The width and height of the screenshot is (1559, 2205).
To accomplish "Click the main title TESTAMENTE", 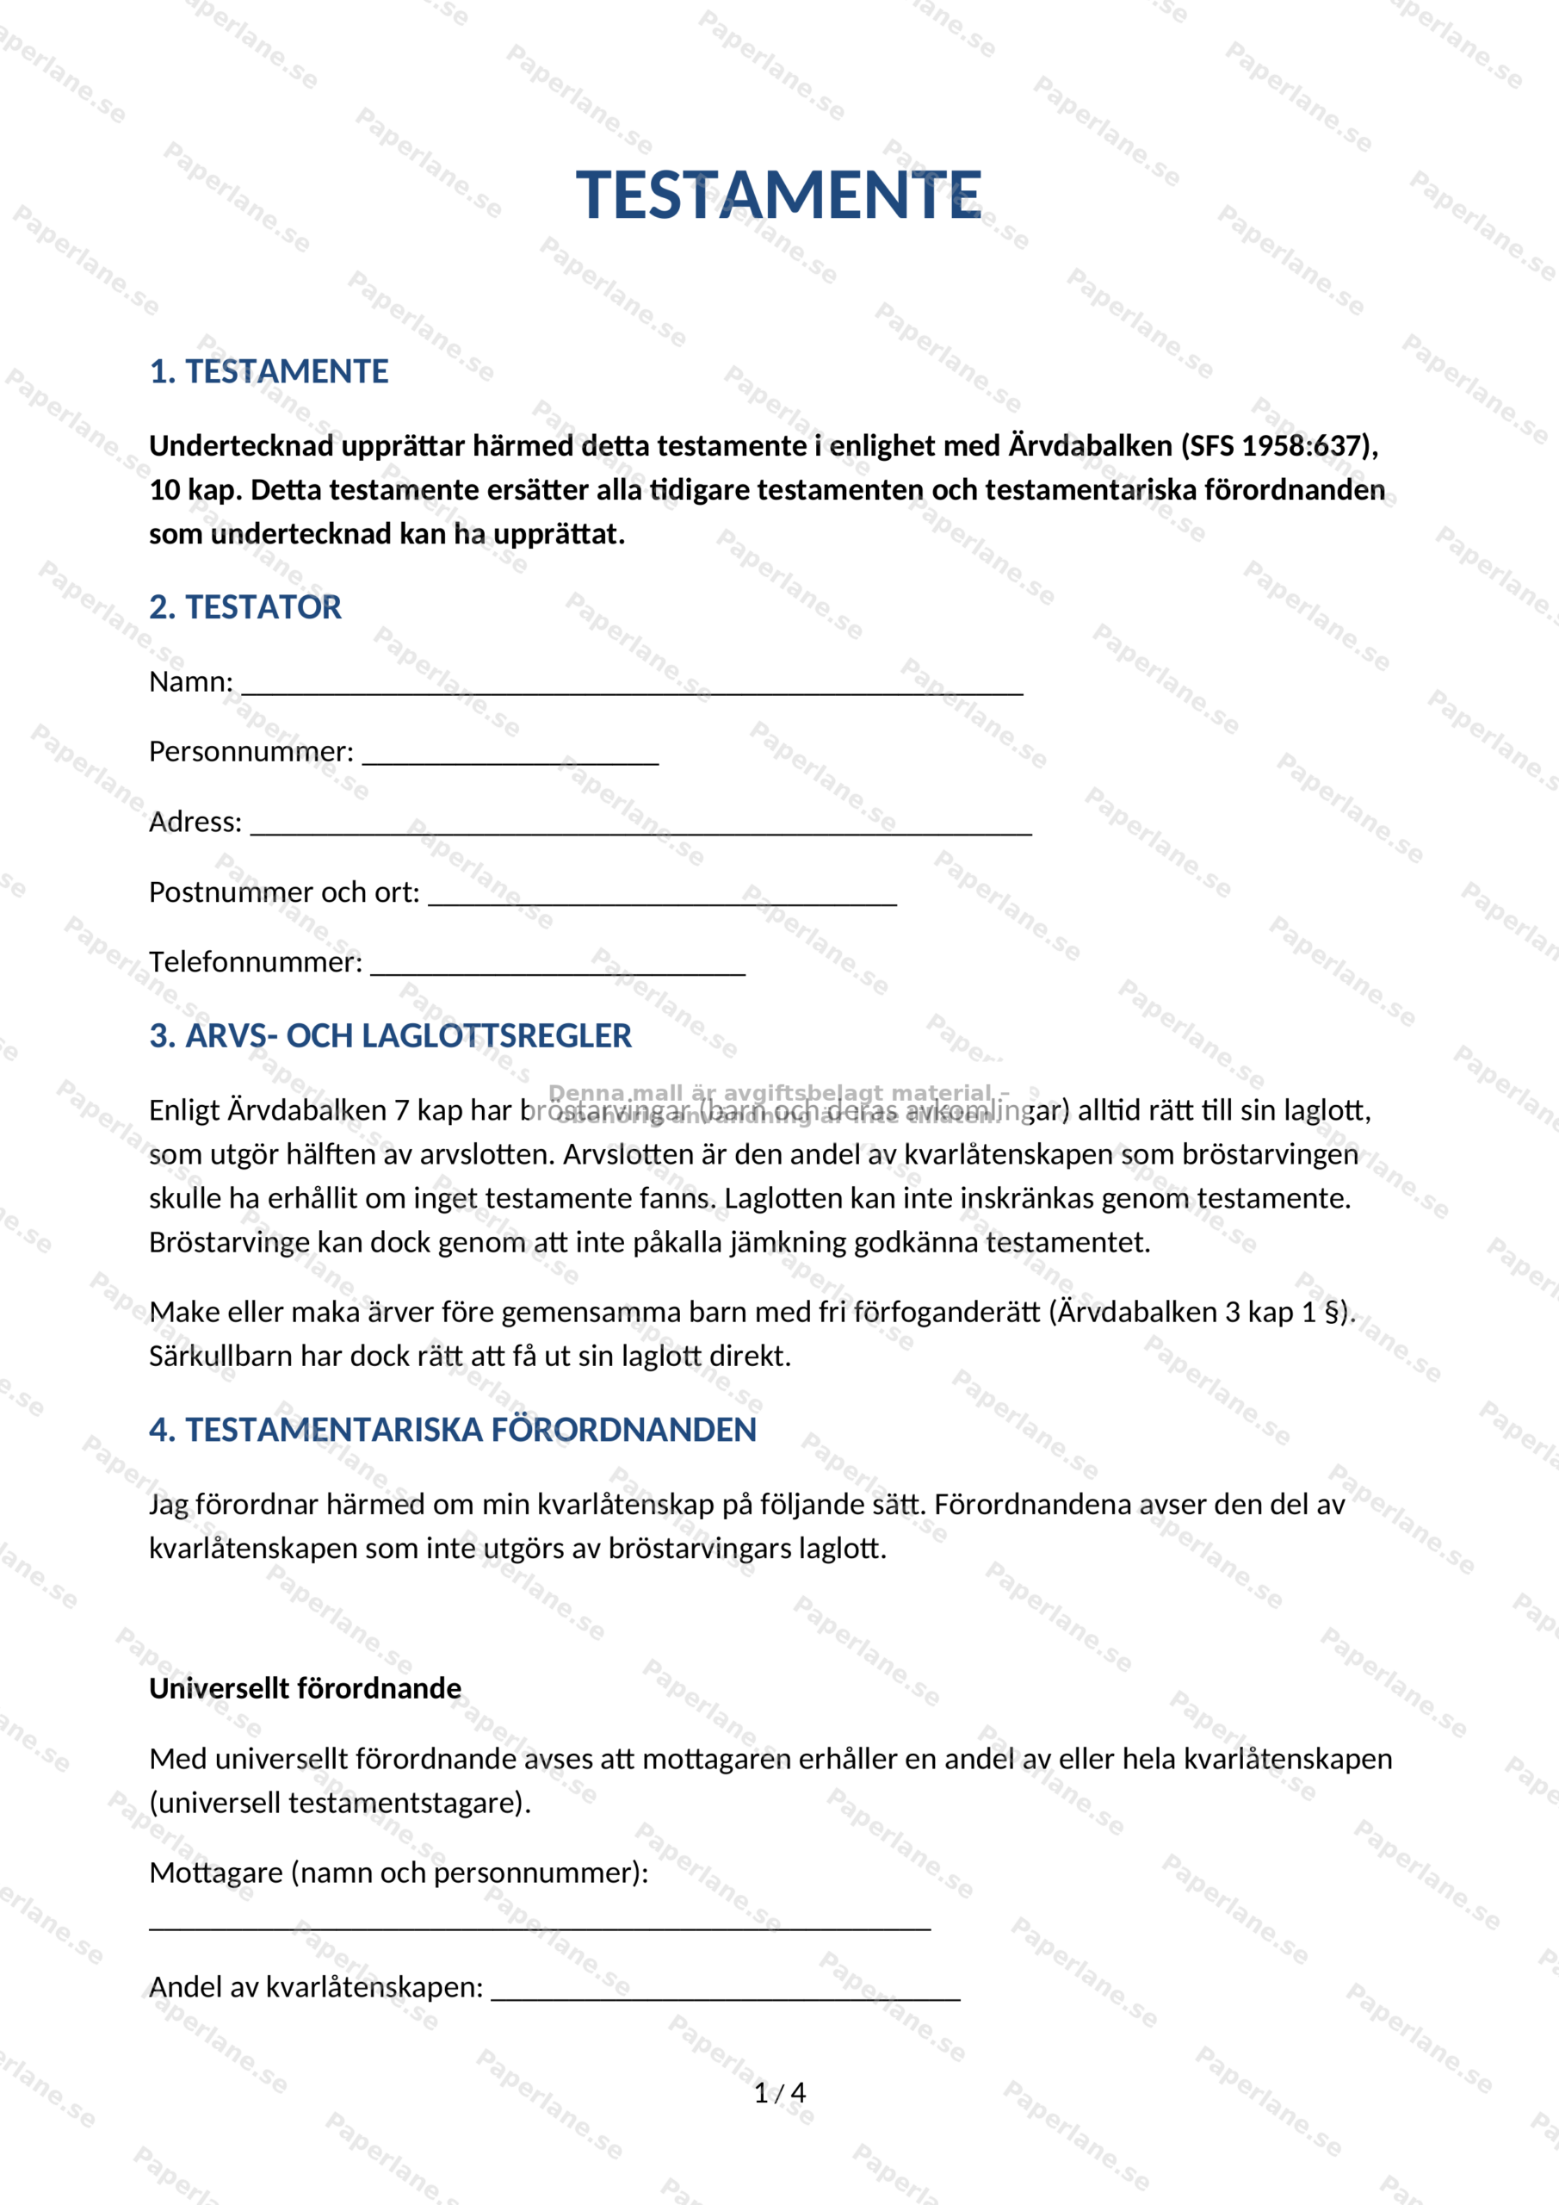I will pyautogui.click(x=777, y=195).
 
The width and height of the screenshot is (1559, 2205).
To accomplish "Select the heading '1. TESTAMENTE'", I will pyautogui.click(x=269, y=371).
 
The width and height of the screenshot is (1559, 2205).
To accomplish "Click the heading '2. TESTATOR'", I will pyautogui.click(x=244, y=607).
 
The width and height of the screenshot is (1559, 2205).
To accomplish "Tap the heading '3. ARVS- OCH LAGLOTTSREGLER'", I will pyautogui.click(x=390, y=1035).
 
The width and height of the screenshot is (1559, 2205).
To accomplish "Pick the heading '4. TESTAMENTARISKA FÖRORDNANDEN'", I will pyautogui.click(x=452, y=1429).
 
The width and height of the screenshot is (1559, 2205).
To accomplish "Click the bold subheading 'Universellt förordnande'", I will pyautogui.click(x=306, y=1687).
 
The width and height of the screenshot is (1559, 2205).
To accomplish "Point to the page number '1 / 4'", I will pyautogui.click(x=780, y=2093).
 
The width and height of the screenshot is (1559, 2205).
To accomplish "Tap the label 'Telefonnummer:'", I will pyautogui.click(x=256, y=961).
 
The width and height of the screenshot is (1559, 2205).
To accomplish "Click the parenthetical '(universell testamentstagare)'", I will pyautogui.click(x=340, y=1803).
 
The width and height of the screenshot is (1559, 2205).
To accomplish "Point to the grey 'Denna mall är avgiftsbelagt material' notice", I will pyautogui.click(x=777, y=1094).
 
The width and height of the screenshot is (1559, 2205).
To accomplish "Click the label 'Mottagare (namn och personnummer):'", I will pyautogui.click(x=399, y=1873).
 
